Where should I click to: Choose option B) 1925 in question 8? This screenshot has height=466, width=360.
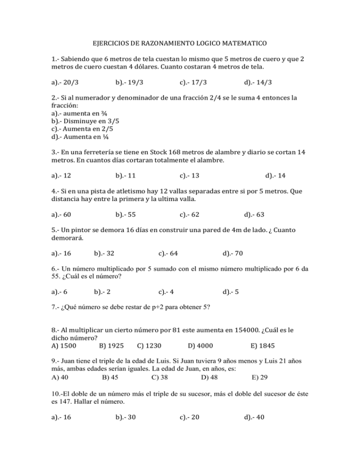click(112, 346)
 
